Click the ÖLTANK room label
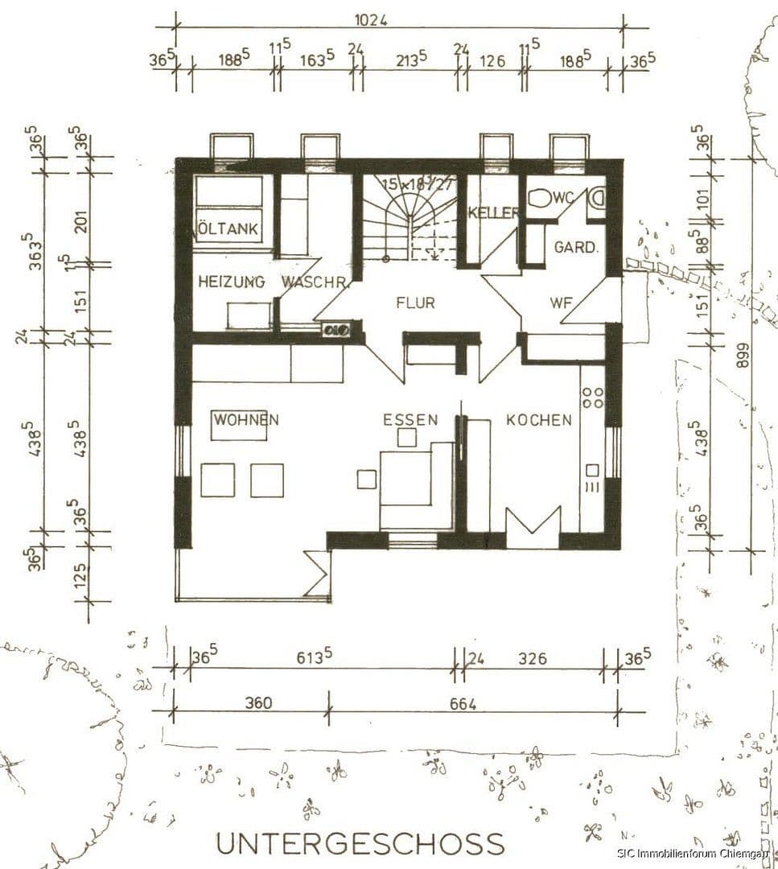pos(229,229)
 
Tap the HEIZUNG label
pos(231,282)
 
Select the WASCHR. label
pos(315,282)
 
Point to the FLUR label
pos(415,303)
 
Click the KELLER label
pos(492,212)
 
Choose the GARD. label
pos(576,247)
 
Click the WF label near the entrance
pos(561,303)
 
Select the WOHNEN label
pos(246,419)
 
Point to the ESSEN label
pos(410,419)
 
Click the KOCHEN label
pos(539,419)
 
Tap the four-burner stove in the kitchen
pos(593,397)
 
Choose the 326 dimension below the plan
pos(531,658)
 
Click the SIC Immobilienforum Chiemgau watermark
pos(696,853)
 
